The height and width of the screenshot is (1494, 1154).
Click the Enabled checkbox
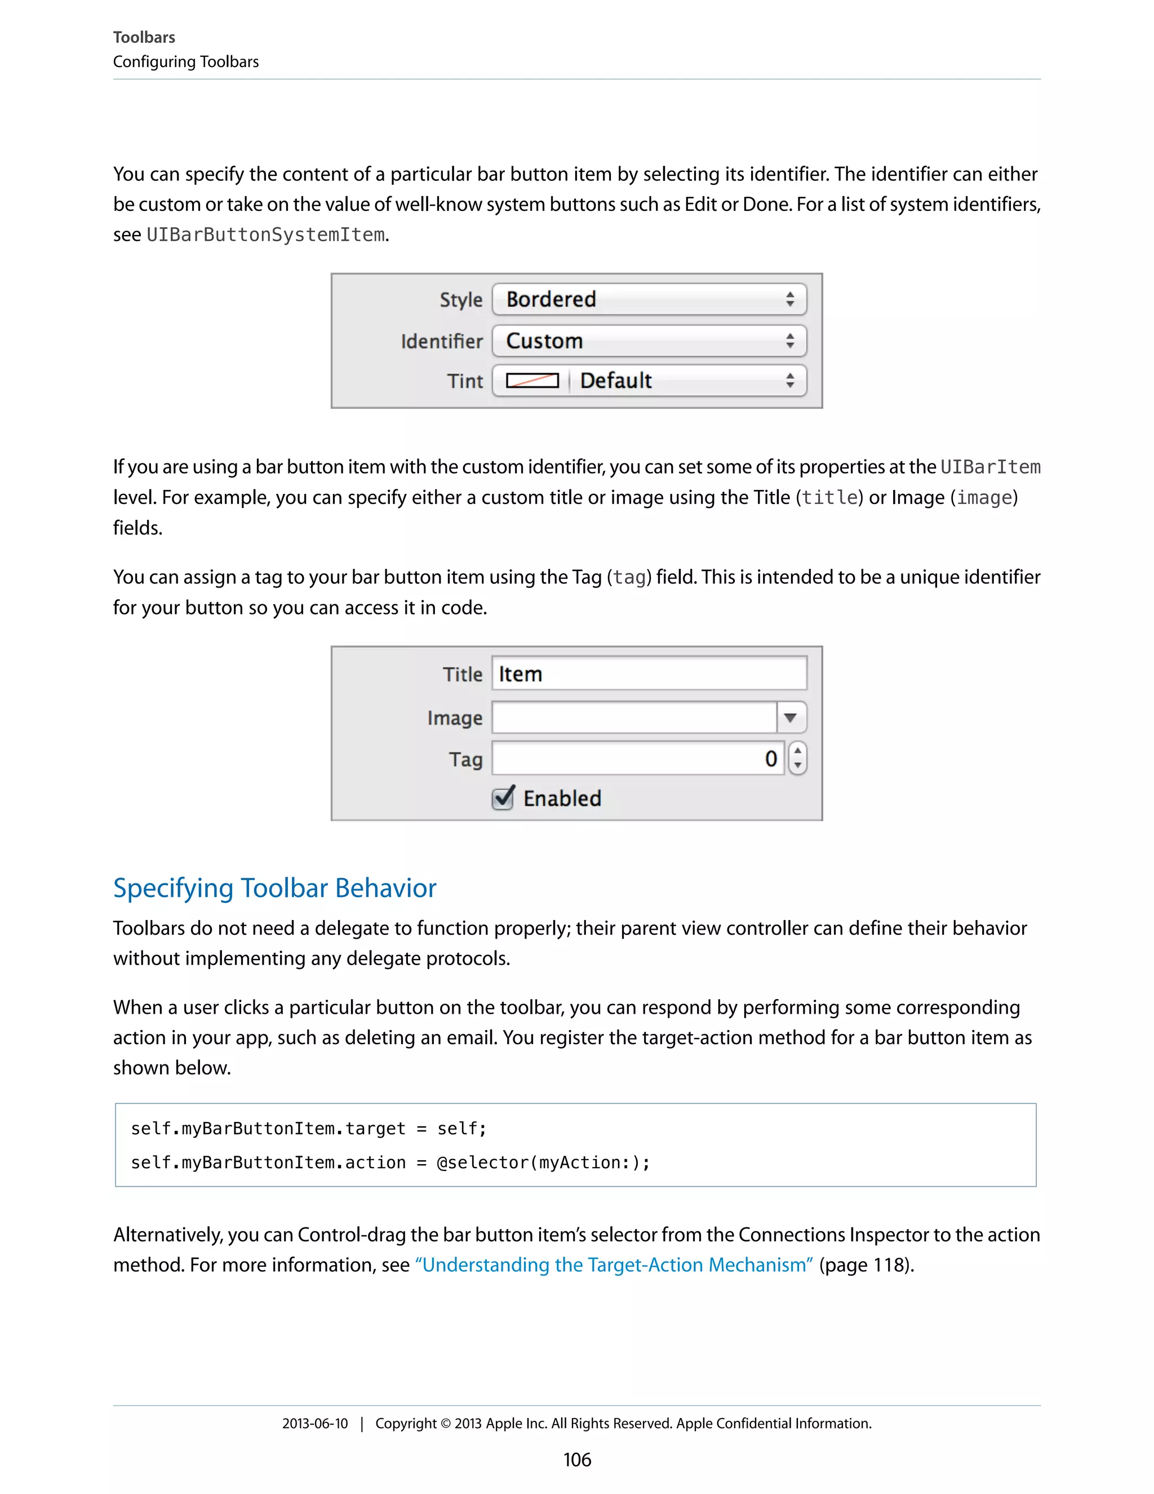[503, 798]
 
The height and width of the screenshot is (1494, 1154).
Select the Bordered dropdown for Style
[649, 299]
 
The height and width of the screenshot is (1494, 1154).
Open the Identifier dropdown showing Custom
[649, 341]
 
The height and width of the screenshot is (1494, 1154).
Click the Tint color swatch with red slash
[532, 381]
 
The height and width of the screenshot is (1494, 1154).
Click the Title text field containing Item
[649, 674]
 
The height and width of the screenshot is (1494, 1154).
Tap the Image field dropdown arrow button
[791, 718]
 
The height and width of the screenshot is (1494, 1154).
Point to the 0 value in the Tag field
[770, 759]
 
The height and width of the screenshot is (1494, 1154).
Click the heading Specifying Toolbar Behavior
[274, 888]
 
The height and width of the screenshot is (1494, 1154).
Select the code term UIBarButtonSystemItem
[265, 235]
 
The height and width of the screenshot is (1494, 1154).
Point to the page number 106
[577, 1460]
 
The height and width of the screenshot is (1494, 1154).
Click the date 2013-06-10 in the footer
[314, 1424]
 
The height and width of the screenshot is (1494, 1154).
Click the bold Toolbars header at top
[144, 38]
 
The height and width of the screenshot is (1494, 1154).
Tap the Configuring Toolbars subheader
[185, 61]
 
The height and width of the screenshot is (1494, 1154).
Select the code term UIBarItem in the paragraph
[990, 467]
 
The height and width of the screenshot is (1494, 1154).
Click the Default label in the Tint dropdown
[615, 381]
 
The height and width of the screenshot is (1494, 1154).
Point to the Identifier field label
[441, 341]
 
